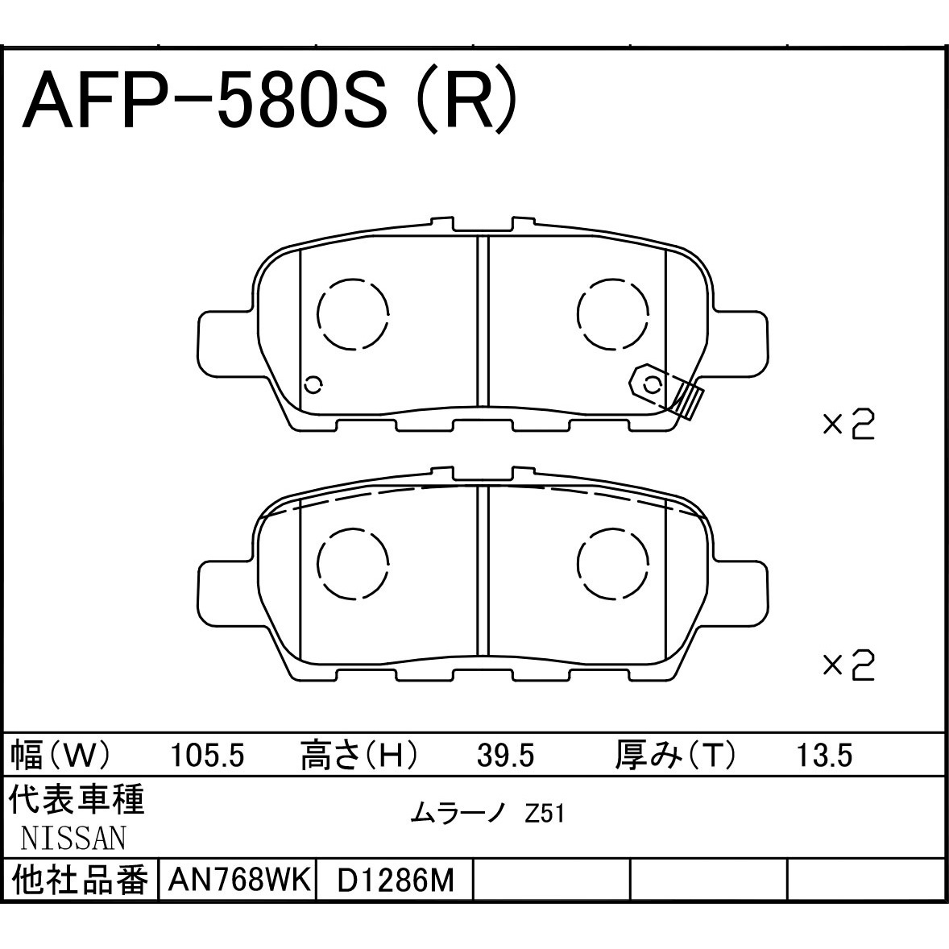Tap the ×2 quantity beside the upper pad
(847, 425)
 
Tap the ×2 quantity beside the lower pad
(847, 665)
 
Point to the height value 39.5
(505, 756)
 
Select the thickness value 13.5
(823, 756)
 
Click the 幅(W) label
(60, 756)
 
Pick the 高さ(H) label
(359, 756)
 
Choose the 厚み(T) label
(675, 756)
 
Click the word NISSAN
(73, 839)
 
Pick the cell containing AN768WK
(238, 881)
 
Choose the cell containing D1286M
(395, 881)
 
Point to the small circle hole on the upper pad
(313, 385)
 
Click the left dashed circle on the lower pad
(353, 563)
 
